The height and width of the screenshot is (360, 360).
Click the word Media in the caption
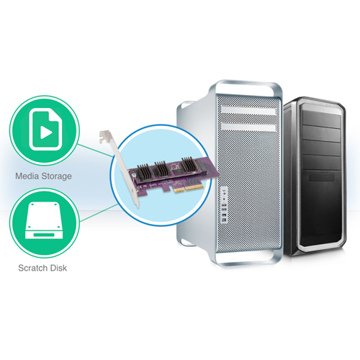[27, 176]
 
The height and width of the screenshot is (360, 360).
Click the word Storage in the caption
[57, 176]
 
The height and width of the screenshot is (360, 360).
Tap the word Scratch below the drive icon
[32, 268]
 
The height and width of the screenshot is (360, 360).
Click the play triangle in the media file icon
[46, 132]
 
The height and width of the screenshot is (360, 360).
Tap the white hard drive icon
[45, 220]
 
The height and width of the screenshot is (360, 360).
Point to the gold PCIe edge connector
[189, 188]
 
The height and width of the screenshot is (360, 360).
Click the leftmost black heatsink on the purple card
[144, 172]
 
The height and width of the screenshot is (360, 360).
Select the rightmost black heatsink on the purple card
[189, 164]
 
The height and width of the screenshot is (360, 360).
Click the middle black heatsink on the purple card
[161, 169]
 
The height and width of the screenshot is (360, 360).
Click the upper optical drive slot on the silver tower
[248, 111]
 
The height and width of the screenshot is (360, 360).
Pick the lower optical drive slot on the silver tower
[248, 127]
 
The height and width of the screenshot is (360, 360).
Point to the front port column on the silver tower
[224, 205]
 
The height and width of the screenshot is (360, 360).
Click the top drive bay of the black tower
[321, 120]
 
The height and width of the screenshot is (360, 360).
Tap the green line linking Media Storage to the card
[95, 151]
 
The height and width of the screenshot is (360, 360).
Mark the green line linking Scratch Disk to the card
[99, 213]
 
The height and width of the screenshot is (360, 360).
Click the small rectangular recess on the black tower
[322, 178]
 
